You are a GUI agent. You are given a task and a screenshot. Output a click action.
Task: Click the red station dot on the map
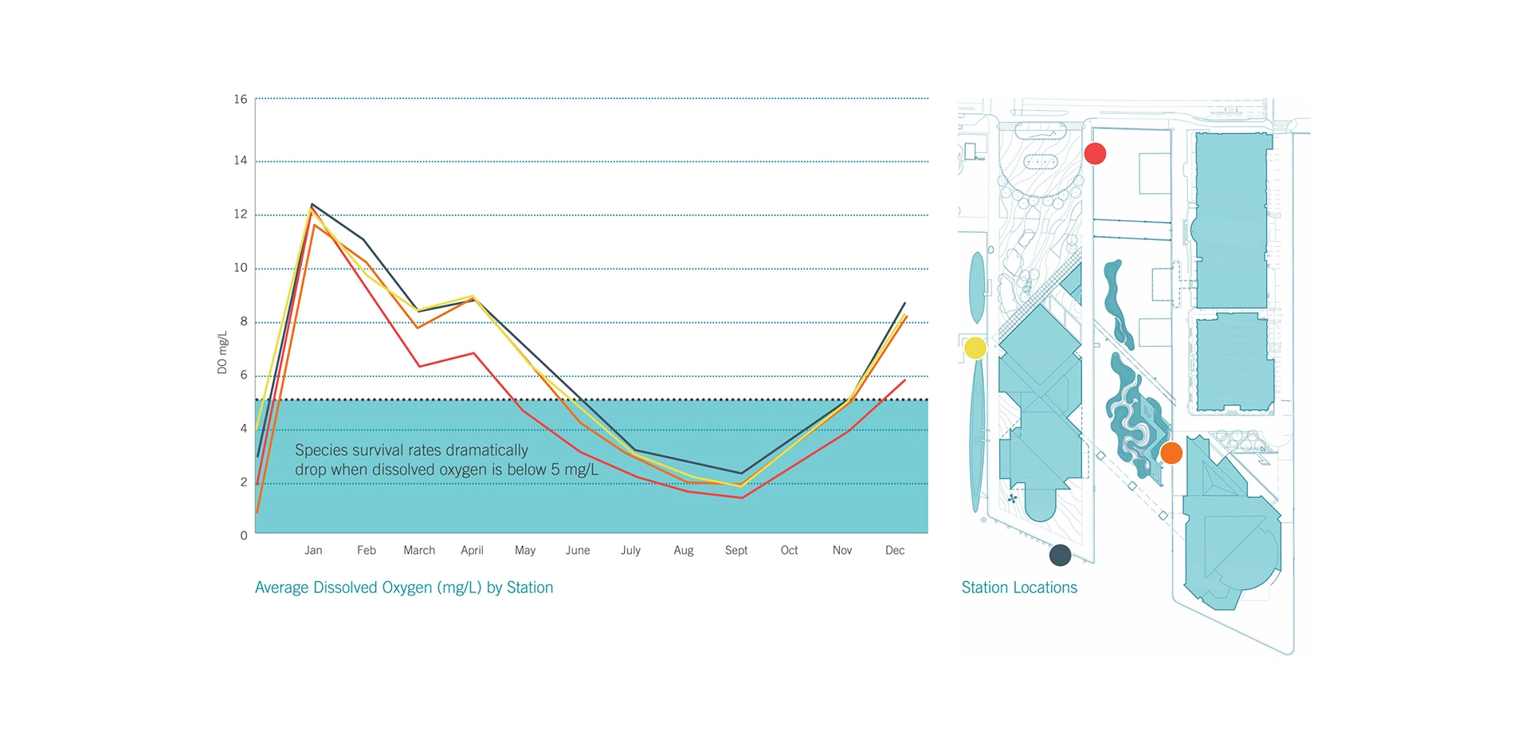tap(1095, 154)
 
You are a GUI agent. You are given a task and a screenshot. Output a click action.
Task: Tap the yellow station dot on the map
tap(975, 348)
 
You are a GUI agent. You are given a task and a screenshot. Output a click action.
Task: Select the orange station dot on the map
tap(1171, 454)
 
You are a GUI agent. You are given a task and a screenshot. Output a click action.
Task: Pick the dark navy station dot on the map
tap(1060, 555)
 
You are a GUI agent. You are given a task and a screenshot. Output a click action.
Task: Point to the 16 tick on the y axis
tap(241, 100)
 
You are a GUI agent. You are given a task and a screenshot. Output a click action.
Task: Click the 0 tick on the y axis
tap(244, 536)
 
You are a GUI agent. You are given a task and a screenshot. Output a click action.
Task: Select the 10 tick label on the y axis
tap(241, 268)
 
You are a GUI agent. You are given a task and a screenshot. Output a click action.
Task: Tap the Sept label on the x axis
tap(736, 551)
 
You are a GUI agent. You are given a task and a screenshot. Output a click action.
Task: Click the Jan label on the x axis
tap(313, 551)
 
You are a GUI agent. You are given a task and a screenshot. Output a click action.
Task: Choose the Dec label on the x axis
tap(895, 551)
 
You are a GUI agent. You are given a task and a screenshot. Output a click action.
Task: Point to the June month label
tap(578, 551)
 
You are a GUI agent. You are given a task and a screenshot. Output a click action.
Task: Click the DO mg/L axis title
tap(222, 352)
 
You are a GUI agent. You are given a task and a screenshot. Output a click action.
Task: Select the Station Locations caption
tap(1019, 588)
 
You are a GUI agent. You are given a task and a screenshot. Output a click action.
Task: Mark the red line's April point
tap(474, 353)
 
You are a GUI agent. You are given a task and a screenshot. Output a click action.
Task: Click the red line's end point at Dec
tap(904, 380)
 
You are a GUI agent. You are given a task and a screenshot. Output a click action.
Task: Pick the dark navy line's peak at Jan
tap(312, 204)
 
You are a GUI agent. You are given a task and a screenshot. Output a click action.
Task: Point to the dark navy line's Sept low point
tap(741, 474)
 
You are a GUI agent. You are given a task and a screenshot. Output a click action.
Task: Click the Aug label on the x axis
tap(683, 551)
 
